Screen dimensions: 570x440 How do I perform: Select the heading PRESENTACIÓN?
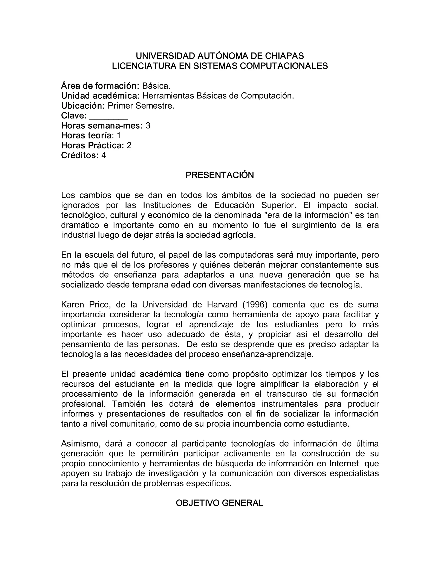click(x=220, y=175)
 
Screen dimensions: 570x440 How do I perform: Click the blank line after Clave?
click(x=108, y=116)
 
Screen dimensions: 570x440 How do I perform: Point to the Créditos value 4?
click(x=104, y=155)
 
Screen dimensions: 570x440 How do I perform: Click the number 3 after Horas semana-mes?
click(x=148, y=126)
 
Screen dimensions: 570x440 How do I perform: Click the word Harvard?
click(x=222, y=305)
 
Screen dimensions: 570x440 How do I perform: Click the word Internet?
click(x=344, y=464)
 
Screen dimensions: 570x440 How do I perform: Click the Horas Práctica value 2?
click(x=129, y=146)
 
